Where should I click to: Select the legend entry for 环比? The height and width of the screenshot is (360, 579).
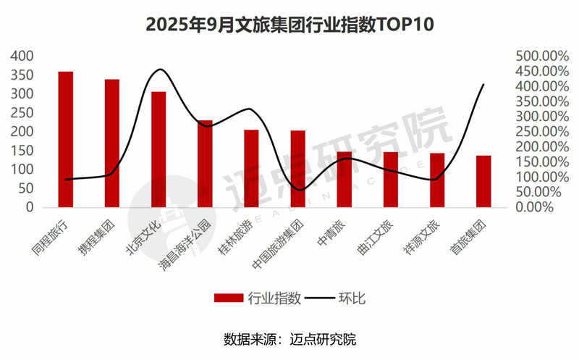tap(347, 298)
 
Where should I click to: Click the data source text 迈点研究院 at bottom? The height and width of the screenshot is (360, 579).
tap(324, 339)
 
